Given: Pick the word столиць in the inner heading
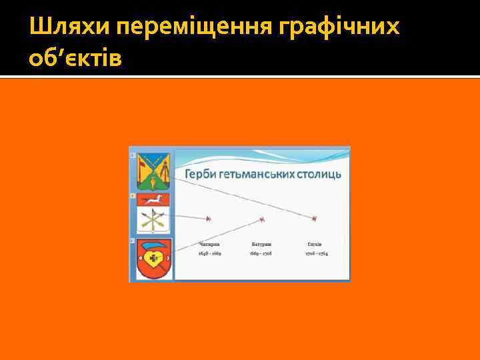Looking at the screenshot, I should click(320, 174).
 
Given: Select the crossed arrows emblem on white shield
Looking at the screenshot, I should click(153, 220).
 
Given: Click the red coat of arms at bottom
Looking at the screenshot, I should click(153, 259).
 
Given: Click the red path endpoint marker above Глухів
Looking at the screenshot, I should click(314, 219).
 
